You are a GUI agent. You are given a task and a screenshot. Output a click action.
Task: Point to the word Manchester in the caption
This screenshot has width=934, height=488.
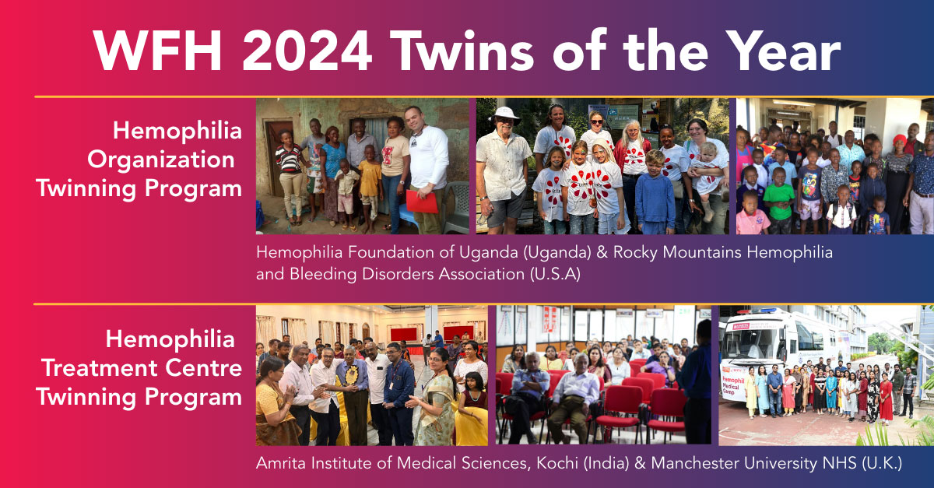(693, 463)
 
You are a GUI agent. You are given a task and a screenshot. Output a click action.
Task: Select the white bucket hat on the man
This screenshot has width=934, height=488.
(506, 114)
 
